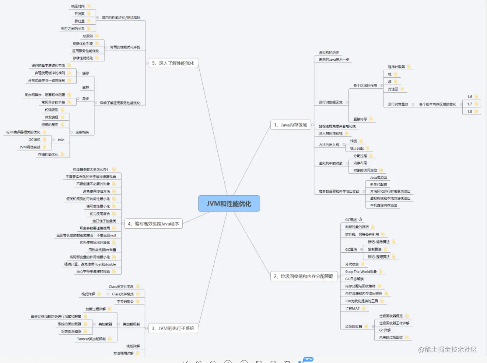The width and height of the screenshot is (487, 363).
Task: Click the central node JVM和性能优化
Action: pyautogui.click(x=229, y=204)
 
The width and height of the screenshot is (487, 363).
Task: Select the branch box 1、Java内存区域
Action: pyautogui.click(x=290, y=125)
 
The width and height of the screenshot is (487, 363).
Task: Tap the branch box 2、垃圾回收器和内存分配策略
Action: pyautogui.click(x=304, y=276)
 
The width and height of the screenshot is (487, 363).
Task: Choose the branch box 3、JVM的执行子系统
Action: pyautogui.click(x=173, y=328)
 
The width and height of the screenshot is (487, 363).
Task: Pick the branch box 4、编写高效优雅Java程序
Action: pyautogui.click(x=153, y=224)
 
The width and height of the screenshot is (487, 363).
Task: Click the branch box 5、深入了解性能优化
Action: pyautogui.click(x=173, y=63)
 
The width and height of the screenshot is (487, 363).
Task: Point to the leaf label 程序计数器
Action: pyautogui.click(x=396, y=67)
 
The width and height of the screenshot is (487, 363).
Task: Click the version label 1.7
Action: pyautogui.click(x=470, y=104)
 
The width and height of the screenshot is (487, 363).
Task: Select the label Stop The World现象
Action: pyautogui.click(x=361, y=272)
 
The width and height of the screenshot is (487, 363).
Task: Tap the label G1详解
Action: pyautogui.click(x=385, y=330)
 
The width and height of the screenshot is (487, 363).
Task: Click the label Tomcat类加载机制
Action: pyautogui.click(x=91, y=339)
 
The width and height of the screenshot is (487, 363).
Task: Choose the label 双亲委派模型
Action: pyautogui.click(x=71, y=331)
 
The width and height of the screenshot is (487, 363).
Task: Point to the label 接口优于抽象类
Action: pyautogui.click(x=104, y=221)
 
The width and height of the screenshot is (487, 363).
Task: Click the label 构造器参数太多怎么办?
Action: pyautogui.click(x=91, y=170)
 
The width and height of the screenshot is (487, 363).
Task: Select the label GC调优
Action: pyautogui.click(x=34, y=140)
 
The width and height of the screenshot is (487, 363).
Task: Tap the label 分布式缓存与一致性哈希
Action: pyautogui.click(x=46, y=81)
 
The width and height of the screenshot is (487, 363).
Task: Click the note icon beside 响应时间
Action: pyautogui.click(x=89, y=6)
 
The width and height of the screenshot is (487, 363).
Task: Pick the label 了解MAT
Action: pyautogui.click(x=352, y=309)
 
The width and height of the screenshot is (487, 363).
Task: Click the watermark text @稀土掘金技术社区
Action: pyautogui.click(x=448, y=349)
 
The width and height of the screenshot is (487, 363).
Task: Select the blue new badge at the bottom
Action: pyautogui.click(x=308, y=359)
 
